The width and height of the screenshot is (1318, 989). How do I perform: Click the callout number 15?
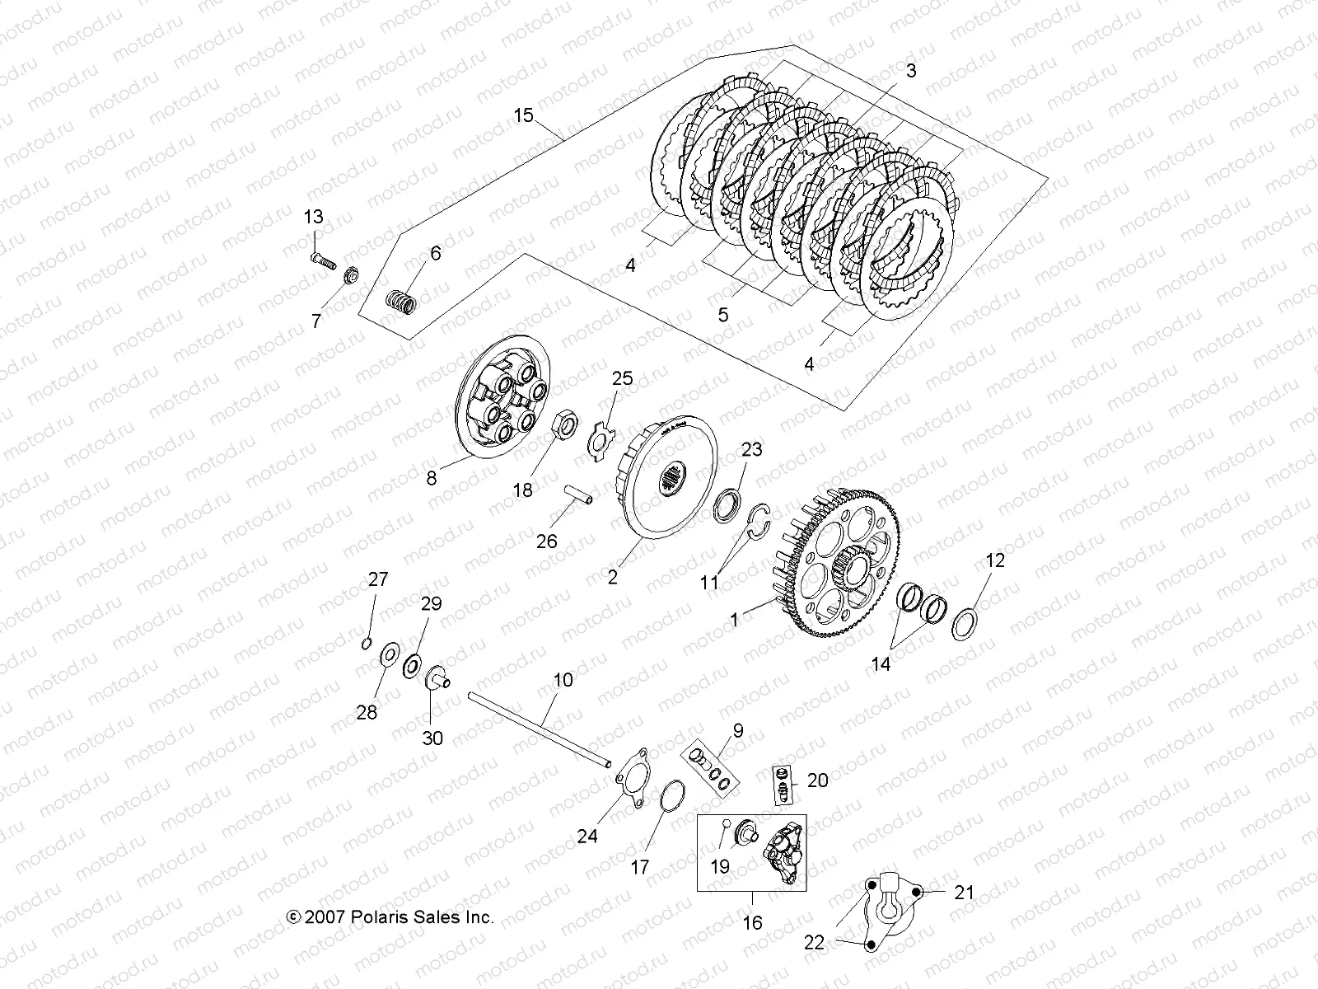[x=523, y=115]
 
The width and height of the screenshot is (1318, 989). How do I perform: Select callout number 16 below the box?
[x=752, y=923]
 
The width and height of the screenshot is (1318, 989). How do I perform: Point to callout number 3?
[x=910, y=71]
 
